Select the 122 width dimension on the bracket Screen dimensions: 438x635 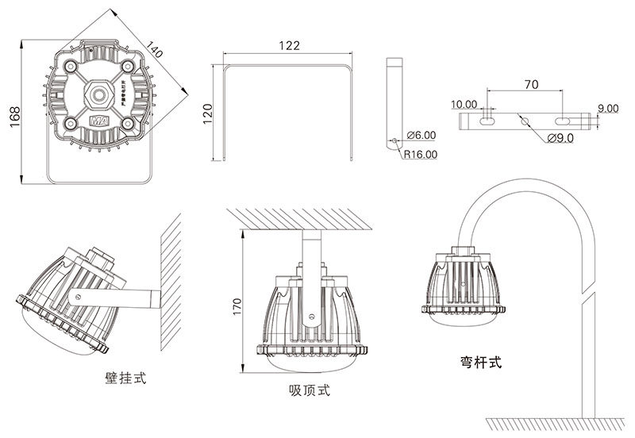[x=290, y=46]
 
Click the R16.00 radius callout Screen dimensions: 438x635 [x=420, y=155]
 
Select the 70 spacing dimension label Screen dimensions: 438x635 [x=531, y=83]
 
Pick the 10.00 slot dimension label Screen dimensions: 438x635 [x=464, y=104]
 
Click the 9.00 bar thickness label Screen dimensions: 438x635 [x=609, y=107]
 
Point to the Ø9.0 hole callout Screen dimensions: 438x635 [x=560, y=138]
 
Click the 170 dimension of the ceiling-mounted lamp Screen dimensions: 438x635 [x=236, y=307]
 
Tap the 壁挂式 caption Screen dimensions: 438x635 [x=125, y=378]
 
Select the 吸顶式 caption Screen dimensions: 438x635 [x=310, y=390]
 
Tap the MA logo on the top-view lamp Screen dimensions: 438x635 [x=100, y=122]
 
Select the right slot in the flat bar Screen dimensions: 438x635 [x=564, y=121]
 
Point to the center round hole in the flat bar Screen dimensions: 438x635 [x=524, y=121]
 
